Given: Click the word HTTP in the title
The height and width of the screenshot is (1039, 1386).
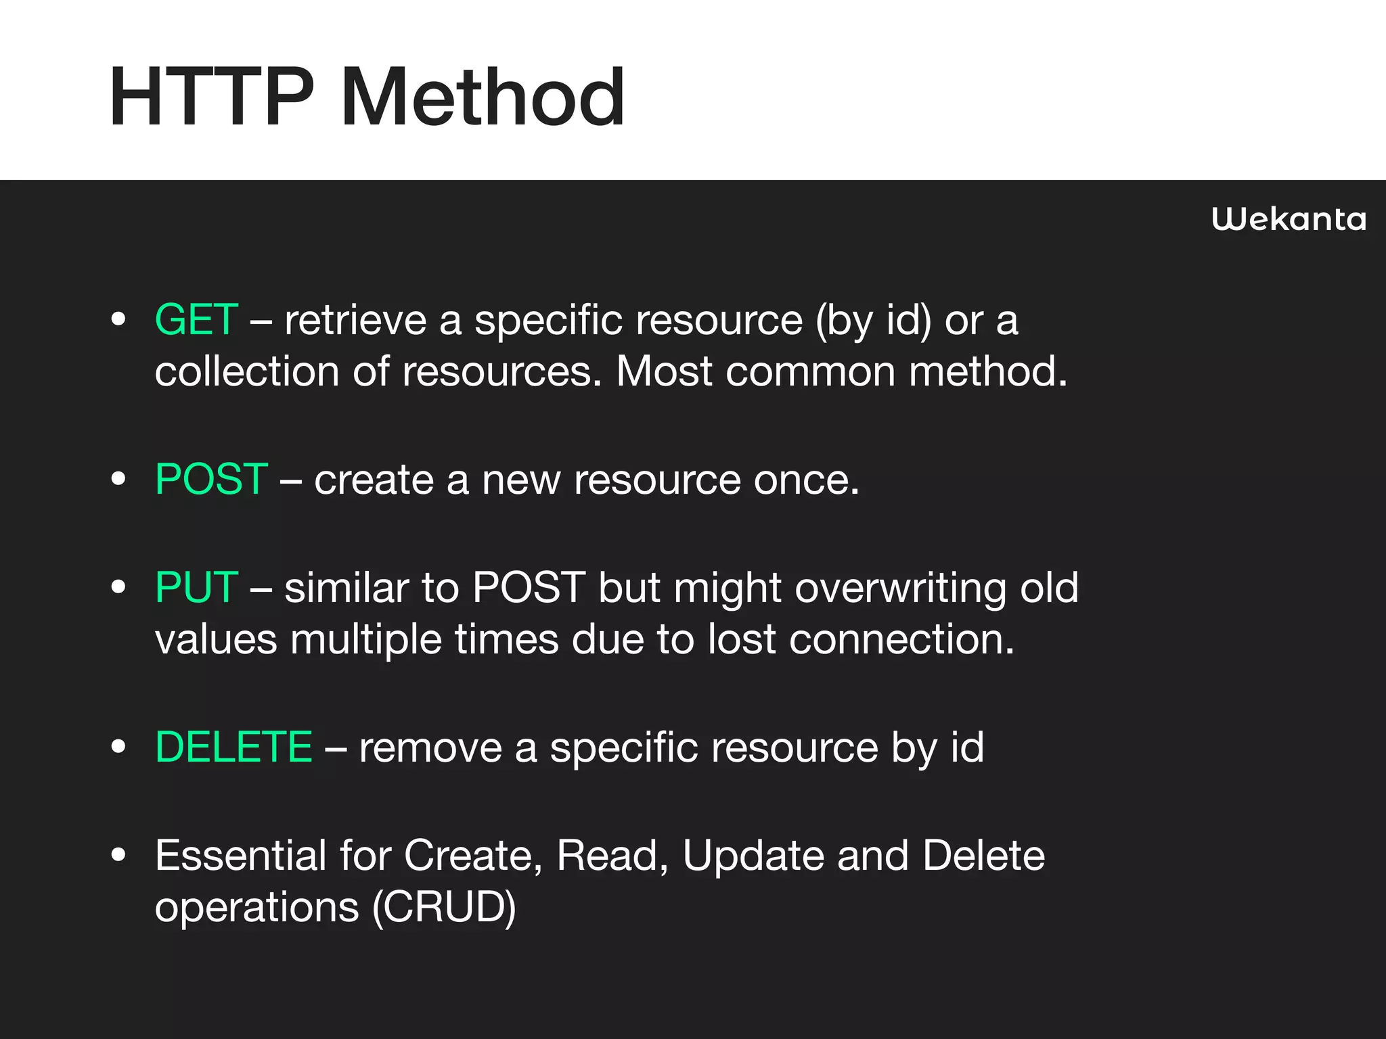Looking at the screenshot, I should pyautogui.click(x=211, y=98).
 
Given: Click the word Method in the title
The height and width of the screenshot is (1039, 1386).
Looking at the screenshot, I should pyautogui.click(x=483, y=98).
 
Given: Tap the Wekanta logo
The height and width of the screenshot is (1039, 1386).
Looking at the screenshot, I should pyautogui.click(x=1289, y=220).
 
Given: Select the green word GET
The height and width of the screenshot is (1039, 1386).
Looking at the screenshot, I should pyautogui.click(x=196, y=319).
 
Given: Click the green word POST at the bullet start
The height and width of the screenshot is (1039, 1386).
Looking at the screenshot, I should pyautogui.click(x=211, y=479).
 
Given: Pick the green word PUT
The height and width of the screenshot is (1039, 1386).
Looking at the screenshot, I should pyautogui.click(x=196, y=587).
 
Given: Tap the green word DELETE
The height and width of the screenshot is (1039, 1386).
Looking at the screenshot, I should pyautogui.click(x=233, y=747).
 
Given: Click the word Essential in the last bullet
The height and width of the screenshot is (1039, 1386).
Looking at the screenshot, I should pyautogui.click(x=240, y=855).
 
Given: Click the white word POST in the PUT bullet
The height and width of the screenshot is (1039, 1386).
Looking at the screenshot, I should pyautogui.click(x=529, y=587).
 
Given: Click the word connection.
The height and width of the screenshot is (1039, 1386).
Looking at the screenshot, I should pyautogui.click(x=901, y=639).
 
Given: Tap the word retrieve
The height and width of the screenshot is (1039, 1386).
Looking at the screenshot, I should pyautogui.click(x=355, y=319).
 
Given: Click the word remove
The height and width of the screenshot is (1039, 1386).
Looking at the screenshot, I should pyautogui.click(x=430, y=747).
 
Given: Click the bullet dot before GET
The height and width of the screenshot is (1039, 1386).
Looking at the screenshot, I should pyautogui.click(x=118, y=319).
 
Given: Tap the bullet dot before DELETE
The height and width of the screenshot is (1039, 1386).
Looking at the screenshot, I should pyautogui.click(x=118, y=747).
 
